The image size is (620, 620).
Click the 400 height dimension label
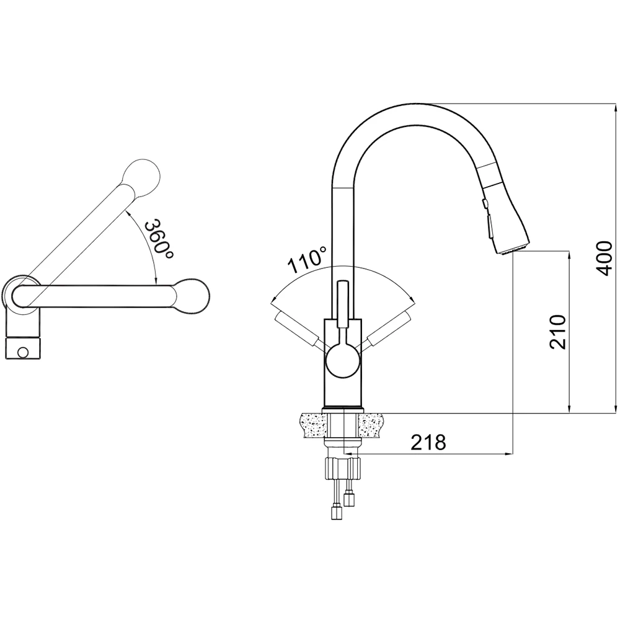tap(604, 258)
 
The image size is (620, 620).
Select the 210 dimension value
tap(557, 332)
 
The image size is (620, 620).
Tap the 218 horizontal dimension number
tap(428, 442)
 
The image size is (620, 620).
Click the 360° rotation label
tap(159, 239)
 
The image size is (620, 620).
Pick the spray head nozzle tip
tap(513, 249)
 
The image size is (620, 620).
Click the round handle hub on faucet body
tap(343, 360)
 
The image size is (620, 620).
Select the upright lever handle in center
tap(342, 304)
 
